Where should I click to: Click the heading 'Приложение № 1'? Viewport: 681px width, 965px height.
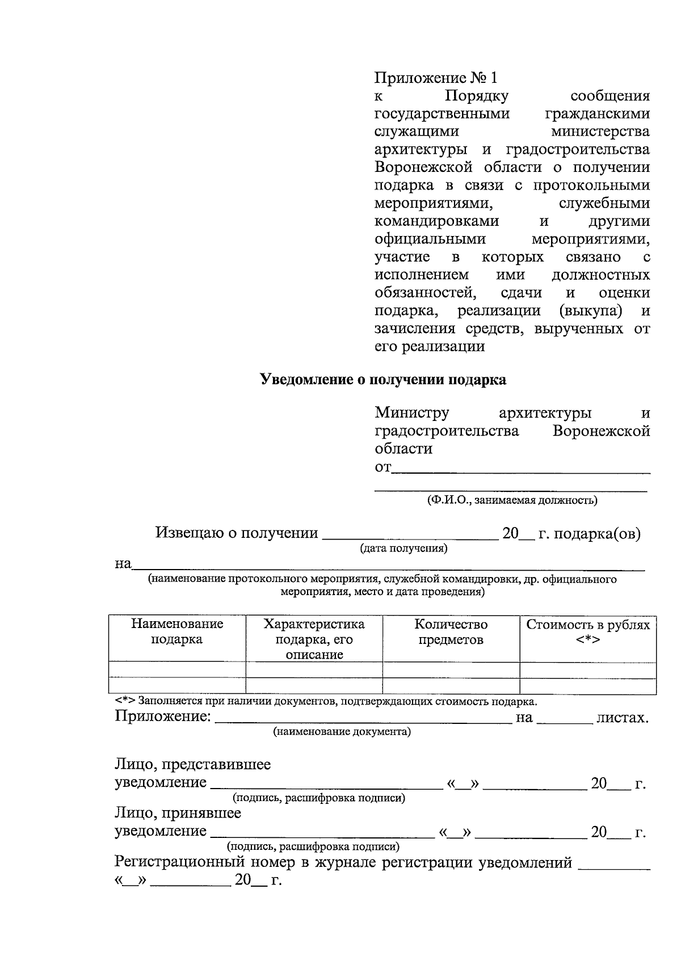tap(435, 78)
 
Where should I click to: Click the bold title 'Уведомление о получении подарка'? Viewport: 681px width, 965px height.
tap(383, 380)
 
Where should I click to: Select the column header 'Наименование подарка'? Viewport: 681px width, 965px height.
tap(177, 632)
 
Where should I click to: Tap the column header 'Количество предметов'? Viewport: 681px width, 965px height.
tap(451, 632)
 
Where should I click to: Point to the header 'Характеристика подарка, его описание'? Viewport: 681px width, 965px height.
tap(314, 639)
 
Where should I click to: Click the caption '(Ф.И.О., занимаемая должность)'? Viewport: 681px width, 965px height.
tap(512, 500)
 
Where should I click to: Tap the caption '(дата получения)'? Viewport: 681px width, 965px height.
tap(403, 549)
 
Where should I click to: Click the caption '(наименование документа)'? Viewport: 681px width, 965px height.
tap(342, 732)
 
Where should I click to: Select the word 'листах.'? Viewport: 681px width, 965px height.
tap(622, 718)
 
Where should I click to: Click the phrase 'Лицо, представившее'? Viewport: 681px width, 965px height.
tap(193, 765)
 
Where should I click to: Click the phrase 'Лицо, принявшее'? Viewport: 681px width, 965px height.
tap(178, 814)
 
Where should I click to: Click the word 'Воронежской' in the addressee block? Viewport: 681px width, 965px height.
tap(601, 431)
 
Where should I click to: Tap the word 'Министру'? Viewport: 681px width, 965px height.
tap(412, 413)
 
